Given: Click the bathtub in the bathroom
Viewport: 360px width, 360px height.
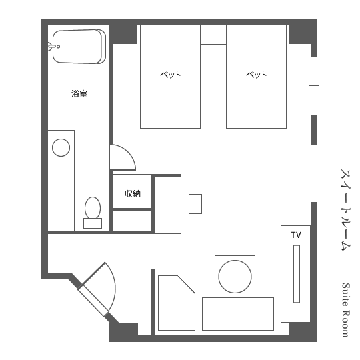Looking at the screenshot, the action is pyautogui.click(x=79, y=47).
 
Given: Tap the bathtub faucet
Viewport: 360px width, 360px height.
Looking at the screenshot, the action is pyautogui.click(x=53, y=46).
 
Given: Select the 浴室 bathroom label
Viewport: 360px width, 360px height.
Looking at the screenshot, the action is pyautogui.click(x=79, y=94).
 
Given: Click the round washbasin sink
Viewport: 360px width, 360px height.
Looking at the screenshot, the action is pyautogui.click(x=61, y=147).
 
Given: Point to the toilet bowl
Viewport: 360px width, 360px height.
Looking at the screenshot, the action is pyautogui.click(x=93, y=208).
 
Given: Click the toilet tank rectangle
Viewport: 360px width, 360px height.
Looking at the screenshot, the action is pyautogui.click(x=93, y=223).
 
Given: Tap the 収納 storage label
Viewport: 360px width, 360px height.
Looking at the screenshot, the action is pyautogui.click(x=133, y=194).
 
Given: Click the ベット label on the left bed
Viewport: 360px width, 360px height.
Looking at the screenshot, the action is pyautogui.click(x=171, y=75).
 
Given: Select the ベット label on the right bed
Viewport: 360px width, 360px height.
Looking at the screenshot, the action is pyautogui.click(x=257, y=75).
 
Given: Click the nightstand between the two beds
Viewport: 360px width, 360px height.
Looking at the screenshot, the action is pyautogui.click(x=213, y=35).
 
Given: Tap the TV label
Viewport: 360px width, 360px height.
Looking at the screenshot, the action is pyautogui.click(x=296, y=235).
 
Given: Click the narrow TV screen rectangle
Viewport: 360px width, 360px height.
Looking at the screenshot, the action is pyautogui.click(x=297, y=274).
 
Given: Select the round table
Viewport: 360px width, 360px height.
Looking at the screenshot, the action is pyautogui.click(x=235, y=277).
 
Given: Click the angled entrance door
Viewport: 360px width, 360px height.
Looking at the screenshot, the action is pyautogui.click(x=93, y=301).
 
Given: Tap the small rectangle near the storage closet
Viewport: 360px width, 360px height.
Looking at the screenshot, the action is pyautogui.click(x=195, y=204).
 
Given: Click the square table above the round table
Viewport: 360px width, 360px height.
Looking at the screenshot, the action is pyautogui.click(x=235, y=239).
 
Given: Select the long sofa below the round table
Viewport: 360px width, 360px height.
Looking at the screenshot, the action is pyautogui.click(x=238, y=314).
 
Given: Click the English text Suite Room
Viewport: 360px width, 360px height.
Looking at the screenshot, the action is pyautogui.click(x=345, y=311).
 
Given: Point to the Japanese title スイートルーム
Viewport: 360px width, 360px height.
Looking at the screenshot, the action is pyautogui.click(x=346, y=210).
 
